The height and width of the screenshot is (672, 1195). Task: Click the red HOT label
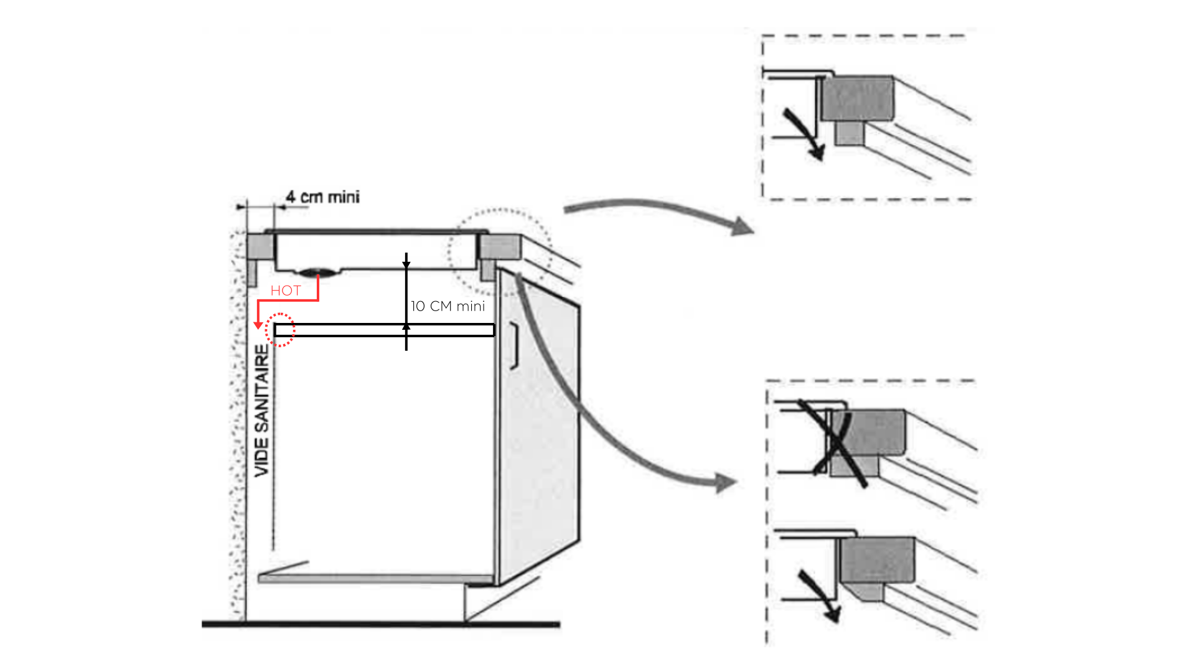[x=286, y=291]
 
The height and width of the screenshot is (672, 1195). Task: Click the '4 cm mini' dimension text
[x=322, y=197]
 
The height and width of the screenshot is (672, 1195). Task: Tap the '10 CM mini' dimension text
[x=448, y=306]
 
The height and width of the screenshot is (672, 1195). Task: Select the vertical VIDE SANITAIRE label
[x=263, y=411]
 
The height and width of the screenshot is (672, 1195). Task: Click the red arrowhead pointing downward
[x=258, y=325]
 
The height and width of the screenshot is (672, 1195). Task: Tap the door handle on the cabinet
[x=514, y=346]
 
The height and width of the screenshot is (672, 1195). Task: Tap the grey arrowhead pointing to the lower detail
[x=725, y=482]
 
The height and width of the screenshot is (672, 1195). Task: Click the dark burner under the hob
[x=318, y=272]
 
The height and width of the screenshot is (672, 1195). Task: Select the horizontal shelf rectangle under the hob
[x=385, y=330]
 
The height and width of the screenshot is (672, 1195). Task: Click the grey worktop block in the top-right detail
[x=858, y=98]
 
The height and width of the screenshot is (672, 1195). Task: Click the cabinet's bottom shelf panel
[x=373, y=579]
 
